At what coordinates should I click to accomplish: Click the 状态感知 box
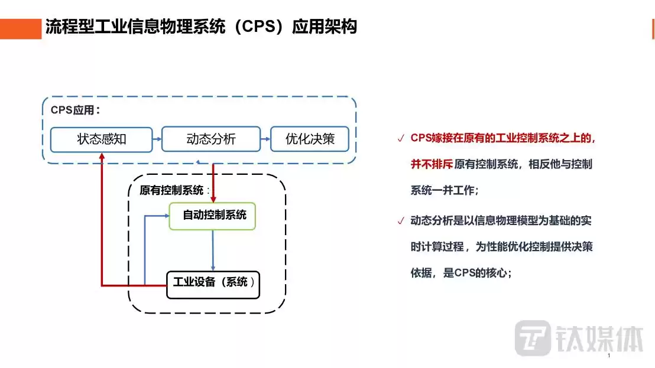coord(102,139)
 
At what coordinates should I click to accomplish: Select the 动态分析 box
coord(211,139)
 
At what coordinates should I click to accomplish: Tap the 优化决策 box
coord(310,139)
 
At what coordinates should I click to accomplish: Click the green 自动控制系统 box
coord(212,216)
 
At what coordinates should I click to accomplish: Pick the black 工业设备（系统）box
coord(213,284)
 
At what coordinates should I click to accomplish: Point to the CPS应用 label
coord(75,110)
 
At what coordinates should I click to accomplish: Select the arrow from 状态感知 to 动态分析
coord(157,140)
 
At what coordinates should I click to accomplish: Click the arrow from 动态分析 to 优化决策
coord(265,140)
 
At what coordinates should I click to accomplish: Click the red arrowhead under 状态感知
coord(102,157)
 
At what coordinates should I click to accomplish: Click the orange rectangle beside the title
coord(21,28)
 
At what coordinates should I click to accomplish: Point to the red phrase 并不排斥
coord(432,165)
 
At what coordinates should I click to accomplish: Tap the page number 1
coord(608,356)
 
